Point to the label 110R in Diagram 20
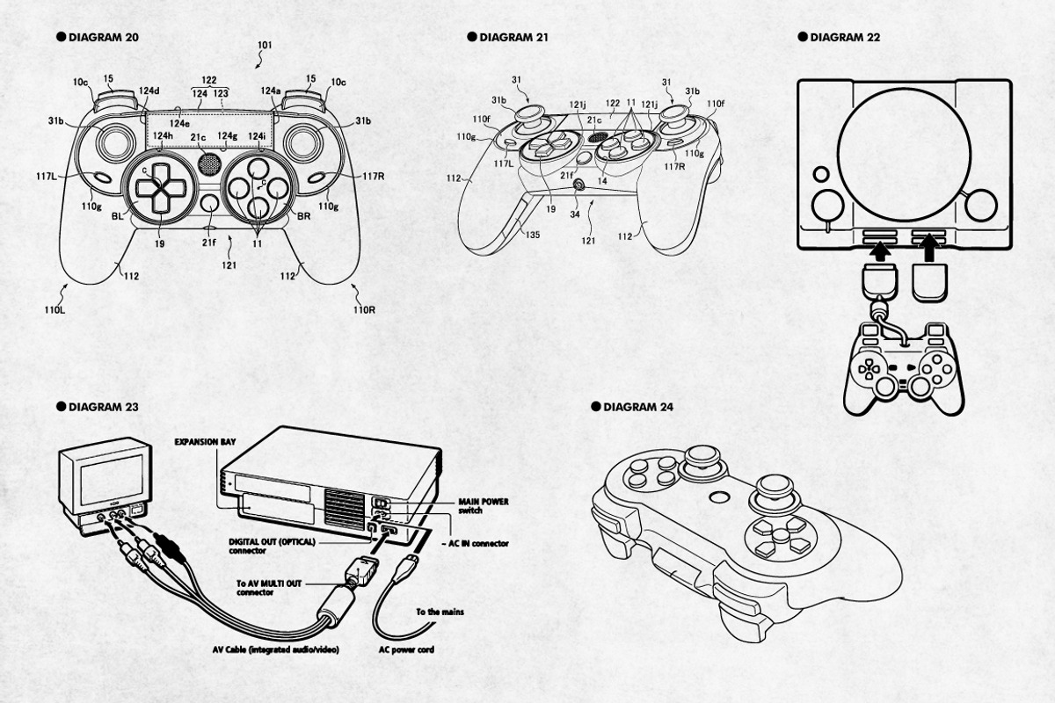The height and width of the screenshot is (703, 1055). pos(364,309)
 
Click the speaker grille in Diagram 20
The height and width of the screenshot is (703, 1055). pos(209,163)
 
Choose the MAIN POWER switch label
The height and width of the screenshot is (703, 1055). pos(483,505)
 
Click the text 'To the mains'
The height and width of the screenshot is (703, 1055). pos(440,612)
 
